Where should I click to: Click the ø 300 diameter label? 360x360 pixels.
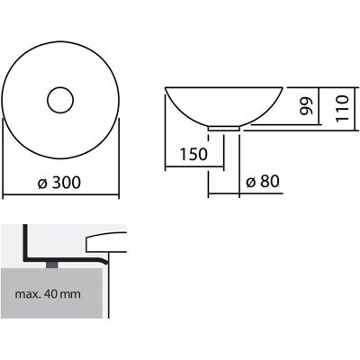point(59,182)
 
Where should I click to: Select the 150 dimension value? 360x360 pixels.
point(193,154)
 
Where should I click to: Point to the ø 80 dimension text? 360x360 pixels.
point(263,182)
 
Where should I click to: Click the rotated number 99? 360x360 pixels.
point(306,106)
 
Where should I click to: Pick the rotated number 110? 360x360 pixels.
point(342,108)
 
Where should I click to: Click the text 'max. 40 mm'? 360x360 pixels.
point(48,293)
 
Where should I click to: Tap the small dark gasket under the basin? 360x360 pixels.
point(51,265)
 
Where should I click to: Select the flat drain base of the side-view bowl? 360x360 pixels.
point(224,129)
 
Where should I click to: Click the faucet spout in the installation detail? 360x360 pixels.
point(106,242)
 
